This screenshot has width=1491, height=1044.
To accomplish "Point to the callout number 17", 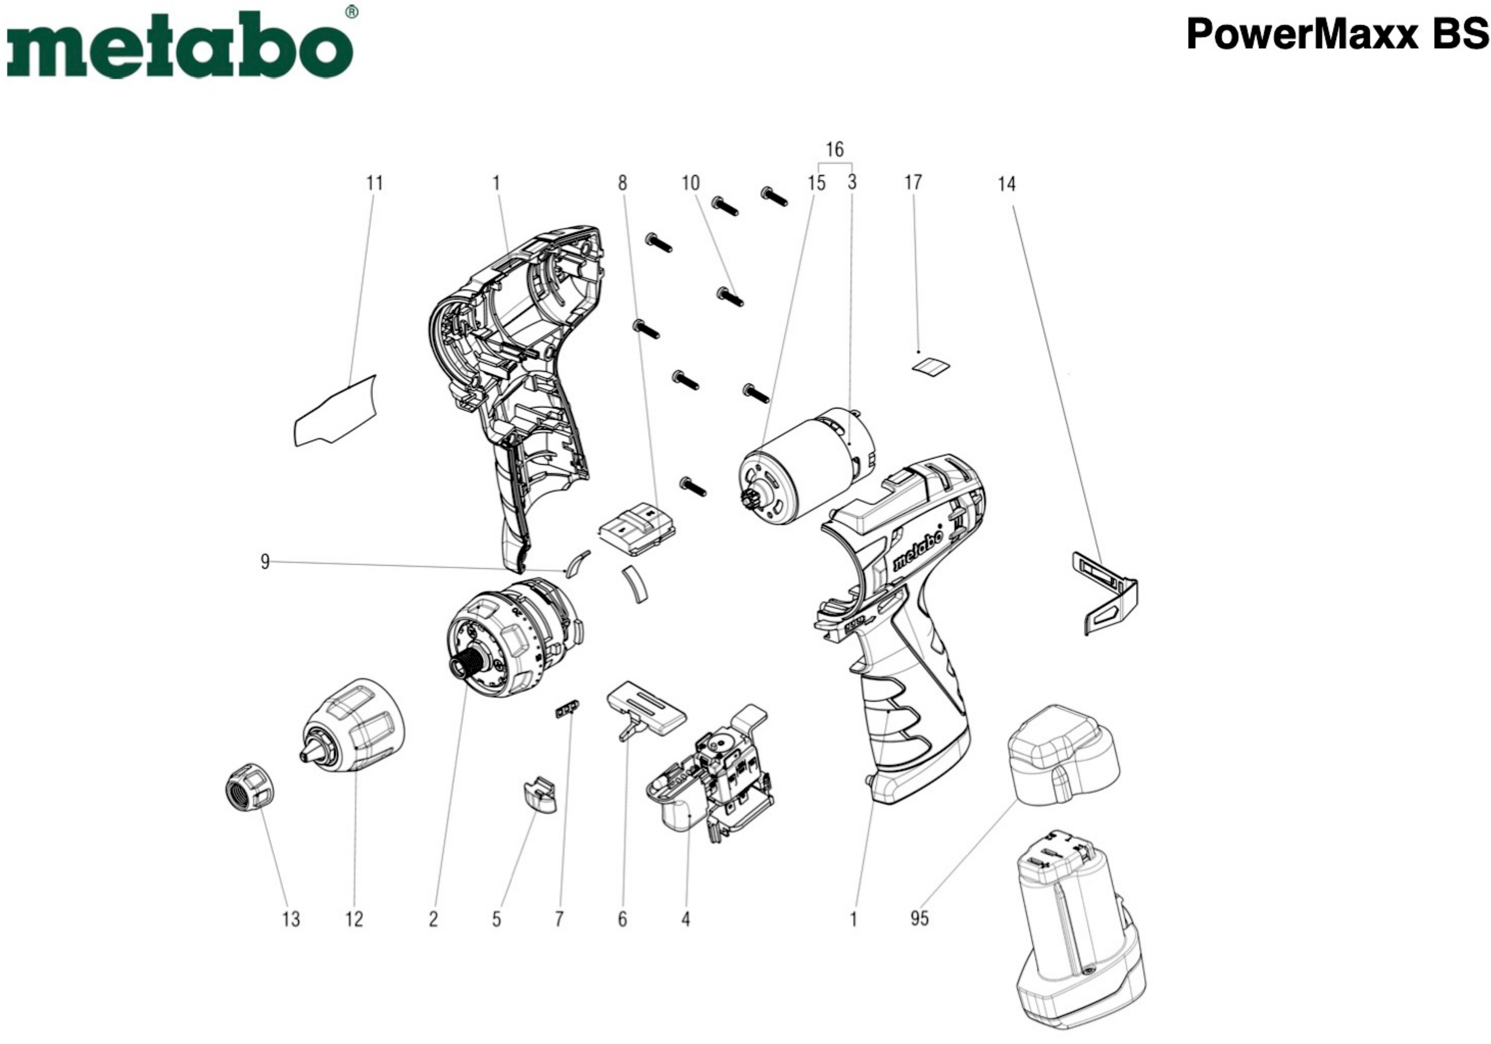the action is point(913,183).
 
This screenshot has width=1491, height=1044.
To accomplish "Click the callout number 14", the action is point(1007,184).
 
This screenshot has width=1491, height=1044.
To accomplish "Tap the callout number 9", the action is point(265,561).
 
